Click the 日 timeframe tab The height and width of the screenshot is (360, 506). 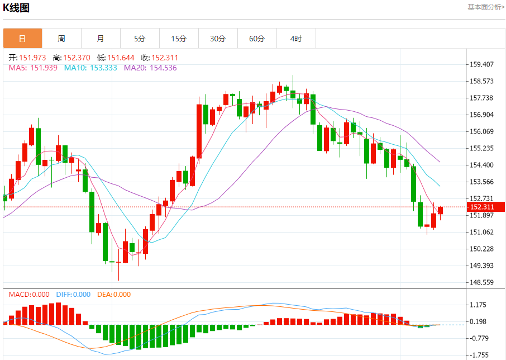(22, 39)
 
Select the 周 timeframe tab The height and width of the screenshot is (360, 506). (61, 39)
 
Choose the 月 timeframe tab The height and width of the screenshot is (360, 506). (101, 39)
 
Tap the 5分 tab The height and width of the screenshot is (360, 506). (140, 39)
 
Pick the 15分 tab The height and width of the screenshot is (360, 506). (179, 39)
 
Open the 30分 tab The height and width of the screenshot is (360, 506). (218, 39)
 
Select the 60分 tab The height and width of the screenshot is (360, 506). (257, 39)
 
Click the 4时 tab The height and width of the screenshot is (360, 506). (296, 39)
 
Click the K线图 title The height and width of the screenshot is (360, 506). (17, 8)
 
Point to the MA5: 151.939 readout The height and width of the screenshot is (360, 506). (33, 68)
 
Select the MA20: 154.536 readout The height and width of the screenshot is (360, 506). (150, 68)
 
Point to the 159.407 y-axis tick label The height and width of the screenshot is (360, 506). (481, 64)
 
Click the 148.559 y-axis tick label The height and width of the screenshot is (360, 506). (481, 282)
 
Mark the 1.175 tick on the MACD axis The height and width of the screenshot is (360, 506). (479, 305)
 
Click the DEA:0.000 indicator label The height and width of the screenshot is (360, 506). (114, 295)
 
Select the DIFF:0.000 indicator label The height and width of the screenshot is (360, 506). (73, 295)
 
